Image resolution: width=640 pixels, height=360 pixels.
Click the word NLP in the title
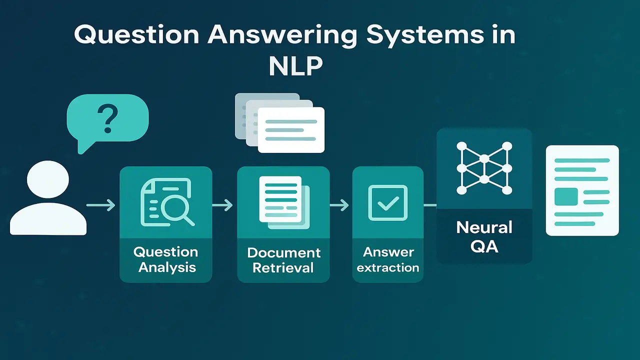click(295, 67)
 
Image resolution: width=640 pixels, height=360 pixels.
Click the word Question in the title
click(136, 35)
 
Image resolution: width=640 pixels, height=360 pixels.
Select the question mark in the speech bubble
click(107, 118)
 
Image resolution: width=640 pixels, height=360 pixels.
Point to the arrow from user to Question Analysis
click(100, 205)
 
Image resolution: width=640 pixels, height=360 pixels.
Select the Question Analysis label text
click(165, 259)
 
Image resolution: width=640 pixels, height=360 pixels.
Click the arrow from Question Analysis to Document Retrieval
click(222, 205)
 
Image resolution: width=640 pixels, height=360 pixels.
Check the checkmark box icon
click(387, 202)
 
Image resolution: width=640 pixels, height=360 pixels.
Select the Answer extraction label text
click(388, 259)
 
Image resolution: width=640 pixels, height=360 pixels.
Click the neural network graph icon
click(484, 168)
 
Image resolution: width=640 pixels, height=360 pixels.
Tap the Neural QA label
click(484, 237)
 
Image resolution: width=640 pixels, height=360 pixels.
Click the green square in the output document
click(566, 196)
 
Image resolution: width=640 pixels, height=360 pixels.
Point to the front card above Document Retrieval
click(291, 130)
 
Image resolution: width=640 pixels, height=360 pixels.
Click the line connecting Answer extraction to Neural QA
click(430, 205)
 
